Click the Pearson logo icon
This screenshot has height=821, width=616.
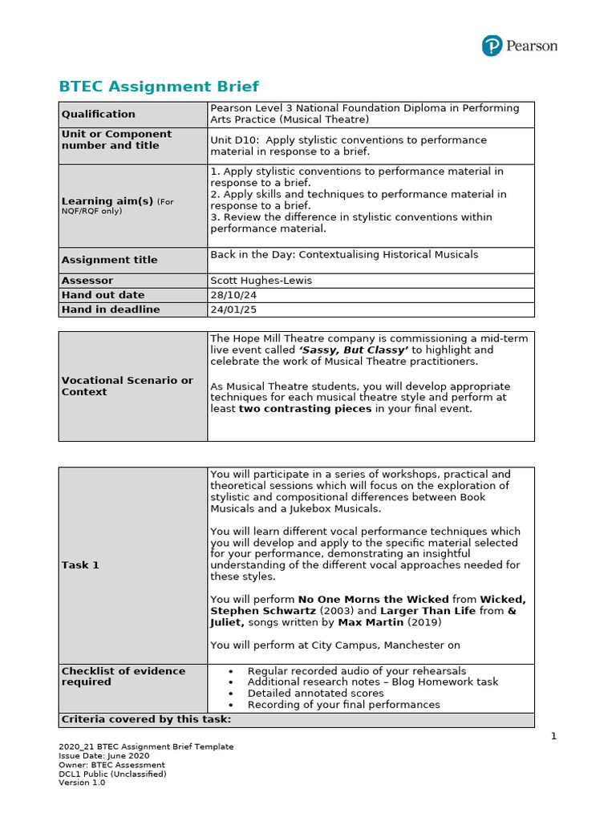[x=492, y=46]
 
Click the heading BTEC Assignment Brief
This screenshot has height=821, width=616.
[x=159, y=87]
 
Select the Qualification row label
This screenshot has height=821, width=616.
[x=99, y=115]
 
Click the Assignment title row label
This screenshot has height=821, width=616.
[x=109, y=260]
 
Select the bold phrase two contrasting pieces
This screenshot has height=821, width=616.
[x=305, y=409]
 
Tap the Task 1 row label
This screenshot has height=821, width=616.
[x=80, y=565]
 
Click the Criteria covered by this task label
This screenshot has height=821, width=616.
[x=146, y=719]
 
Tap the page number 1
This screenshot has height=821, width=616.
[x=553, y=736]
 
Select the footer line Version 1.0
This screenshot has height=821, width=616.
[x=82, y=783]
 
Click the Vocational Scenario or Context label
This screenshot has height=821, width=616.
[x=127, y=386]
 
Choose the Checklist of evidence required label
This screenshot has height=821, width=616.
[x=123, y=676]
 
